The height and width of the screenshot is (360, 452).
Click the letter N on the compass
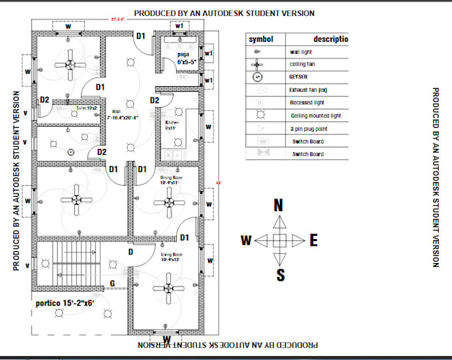point(279,206)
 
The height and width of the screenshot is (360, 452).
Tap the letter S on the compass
point(281,274)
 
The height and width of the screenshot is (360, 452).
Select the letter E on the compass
point(313,240)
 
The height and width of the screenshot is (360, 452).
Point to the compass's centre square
point(280,240)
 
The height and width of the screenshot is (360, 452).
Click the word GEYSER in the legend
point(298,77)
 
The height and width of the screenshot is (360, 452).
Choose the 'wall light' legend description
point(301,51)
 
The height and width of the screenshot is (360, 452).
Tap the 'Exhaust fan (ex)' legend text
point(309,90)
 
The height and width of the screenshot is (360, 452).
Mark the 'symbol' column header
point(261,39)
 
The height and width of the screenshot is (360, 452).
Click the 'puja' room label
point(185,54)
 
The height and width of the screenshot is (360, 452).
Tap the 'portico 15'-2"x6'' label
point(66,304)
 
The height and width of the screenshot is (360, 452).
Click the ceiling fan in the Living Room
point(167,288)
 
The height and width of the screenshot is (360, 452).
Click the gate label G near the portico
point(112,284)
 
